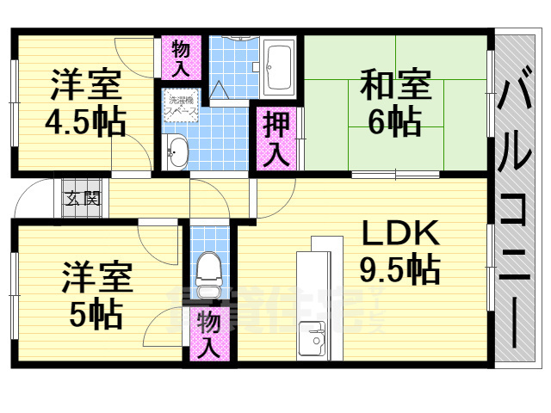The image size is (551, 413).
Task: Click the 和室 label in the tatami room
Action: point(395,88)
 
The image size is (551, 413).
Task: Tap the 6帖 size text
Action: point(395,123)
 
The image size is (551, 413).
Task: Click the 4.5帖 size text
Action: point(85,121)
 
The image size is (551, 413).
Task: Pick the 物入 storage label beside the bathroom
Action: point(181,56)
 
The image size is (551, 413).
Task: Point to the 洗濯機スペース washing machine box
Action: point(182,106)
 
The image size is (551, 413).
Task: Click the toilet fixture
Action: point(207,268)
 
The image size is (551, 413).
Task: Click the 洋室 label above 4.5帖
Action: point(85,87)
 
